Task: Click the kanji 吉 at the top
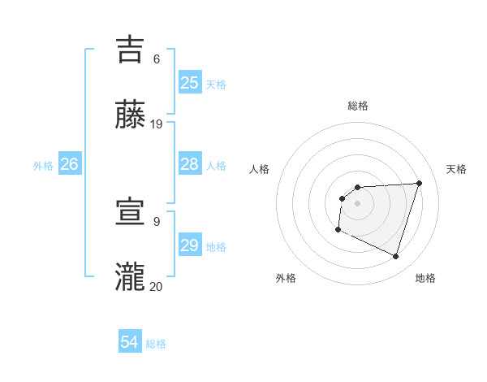[x=131, y=49]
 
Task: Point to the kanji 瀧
[x=131, y=276]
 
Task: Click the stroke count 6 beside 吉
[x=156, y=59]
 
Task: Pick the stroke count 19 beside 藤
[x=157, y=124]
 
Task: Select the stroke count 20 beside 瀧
[x=157, y=286]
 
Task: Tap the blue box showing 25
[x=190, y=82]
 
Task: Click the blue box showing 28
[x=190, y=164]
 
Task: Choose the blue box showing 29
[x=190, y=245]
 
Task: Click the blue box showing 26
[x=69, y=164]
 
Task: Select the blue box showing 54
[x=130, y=343]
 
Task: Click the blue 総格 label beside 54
[x=156, y=344]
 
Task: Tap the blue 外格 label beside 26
[x=43, y=166]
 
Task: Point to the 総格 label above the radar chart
[x=358, y=106]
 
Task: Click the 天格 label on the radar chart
[x=457, y=169]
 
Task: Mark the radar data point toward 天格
[x=419, y=183]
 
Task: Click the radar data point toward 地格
[x=395, y=256]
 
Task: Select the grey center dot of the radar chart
[x=357, y=203]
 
